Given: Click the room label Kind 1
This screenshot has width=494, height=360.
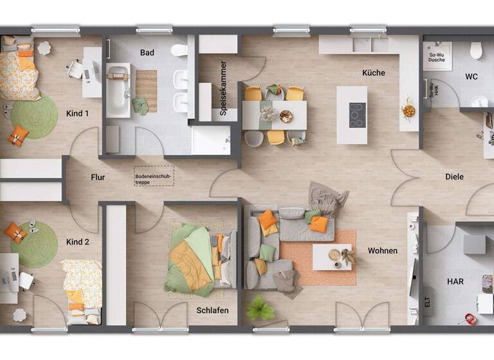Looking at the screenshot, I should coord(77,114).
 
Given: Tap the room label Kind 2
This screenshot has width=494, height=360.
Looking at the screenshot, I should coord(77,242).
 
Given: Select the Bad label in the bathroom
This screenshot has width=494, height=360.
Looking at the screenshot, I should coord(147,53).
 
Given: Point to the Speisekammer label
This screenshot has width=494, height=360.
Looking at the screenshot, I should coord(223,88).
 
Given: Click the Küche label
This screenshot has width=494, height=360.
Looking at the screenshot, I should coord(373,73).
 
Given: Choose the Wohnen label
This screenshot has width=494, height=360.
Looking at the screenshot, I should coord(383,251).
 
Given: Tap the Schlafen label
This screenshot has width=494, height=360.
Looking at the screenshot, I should coord(213,310).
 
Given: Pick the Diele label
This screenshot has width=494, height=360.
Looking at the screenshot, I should coord(454,177).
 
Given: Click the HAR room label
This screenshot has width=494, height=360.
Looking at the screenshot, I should coord(455,282).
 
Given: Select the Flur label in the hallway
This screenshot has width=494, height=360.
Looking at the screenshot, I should coord(98,177).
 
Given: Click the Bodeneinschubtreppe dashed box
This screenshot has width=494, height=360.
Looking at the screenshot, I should coord(154,176).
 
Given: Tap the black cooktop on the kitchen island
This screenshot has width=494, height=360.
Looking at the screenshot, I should coord(357,115).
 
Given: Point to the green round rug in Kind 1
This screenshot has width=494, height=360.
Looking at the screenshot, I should coord(33,117).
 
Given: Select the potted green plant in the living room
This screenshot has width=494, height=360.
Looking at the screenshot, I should coord(260,307).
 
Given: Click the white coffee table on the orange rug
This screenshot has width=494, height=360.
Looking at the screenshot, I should coord(332,257).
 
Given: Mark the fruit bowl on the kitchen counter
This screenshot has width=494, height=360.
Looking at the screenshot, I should coord(408,111).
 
